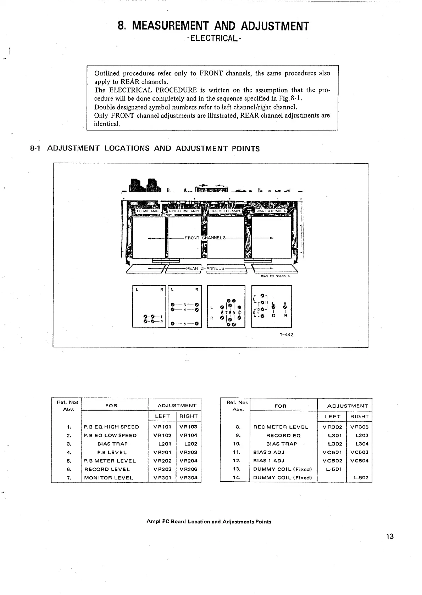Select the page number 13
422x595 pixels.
click(390, 536)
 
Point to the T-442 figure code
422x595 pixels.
click(286, 334)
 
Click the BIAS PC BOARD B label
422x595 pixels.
click(275, 276)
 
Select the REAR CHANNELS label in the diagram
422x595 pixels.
click(205, 268)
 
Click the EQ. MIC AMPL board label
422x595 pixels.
click(149, 211)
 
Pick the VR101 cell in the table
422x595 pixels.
click(162, 427)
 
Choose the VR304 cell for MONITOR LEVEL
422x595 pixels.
click(188, 478)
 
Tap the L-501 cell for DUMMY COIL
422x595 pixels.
click(332, 469)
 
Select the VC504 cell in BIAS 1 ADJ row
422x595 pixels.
click(359, 461)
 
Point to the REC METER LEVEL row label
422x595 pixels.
click(281, 427)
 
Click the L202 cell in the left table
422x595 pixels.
click(188, 444)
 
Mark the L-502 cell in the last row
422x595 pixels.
click(359, 478)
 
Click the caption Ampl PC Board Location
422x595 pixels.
click(209, 522)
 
